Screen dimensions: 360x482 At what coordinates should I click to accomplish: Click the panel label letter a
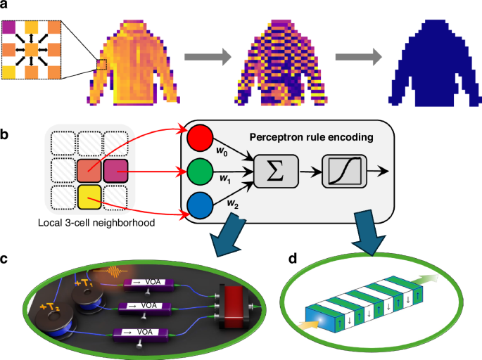pos(6,7)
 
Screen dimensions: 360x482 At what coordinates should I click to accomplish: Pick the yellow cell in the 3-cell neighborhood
pos(89,195)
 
